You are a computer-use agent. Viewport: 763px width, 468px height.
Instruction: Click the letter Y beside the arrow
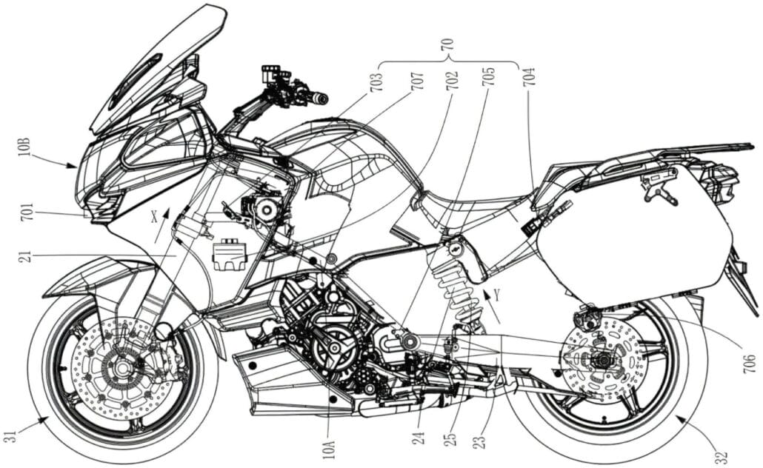coord(498,295)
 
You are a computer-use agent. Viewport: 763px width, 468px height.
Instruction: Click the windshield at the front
coord(156,70)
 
